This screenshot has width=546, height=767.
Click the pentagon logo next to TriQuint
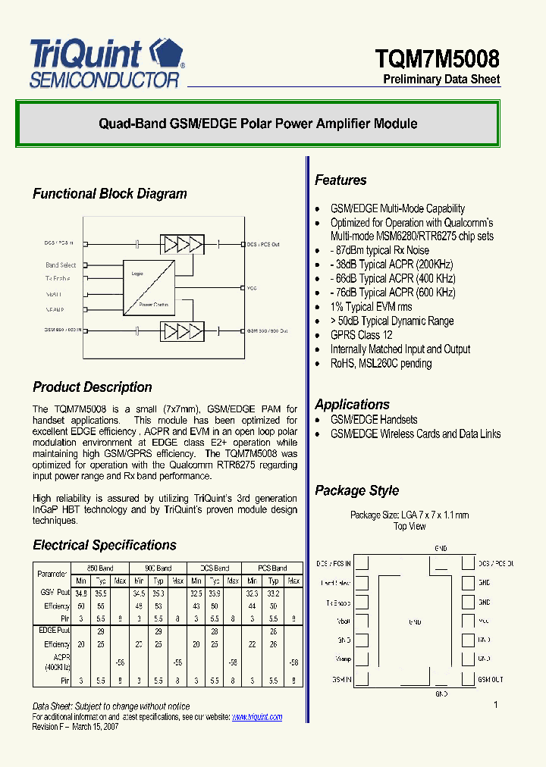[167, 53]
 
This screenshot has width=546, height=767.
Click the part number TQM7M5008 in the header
[438, 58]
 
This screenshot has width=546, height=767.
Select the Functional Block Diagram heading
[109, 194]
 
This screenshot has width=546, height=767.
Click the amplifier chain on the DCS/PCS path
[182, 244]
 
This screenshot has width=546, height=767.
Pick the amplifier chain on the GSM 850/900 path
[182, 331]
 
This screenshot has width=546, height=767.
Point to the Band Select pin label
[61, 265]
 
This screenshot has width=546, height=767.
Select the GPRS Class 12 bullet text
[361, 335]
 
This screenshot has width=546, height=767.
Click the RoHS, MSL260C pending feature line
[381, 364]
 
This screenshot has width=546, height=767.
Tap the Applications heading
[352, 405]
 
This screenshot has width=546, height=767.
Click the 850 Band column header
[100, 568]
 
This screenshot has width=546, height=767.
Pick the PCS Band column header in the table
[272, 568]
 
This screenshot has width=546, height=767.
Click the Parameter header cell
[52, 574]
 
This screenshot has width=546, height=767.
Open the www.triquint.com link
[256, 717]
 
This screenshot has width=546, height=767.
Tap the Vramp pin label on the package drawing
[343, 659]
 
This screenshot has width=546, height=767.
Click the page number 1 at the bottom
[496, 706]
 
